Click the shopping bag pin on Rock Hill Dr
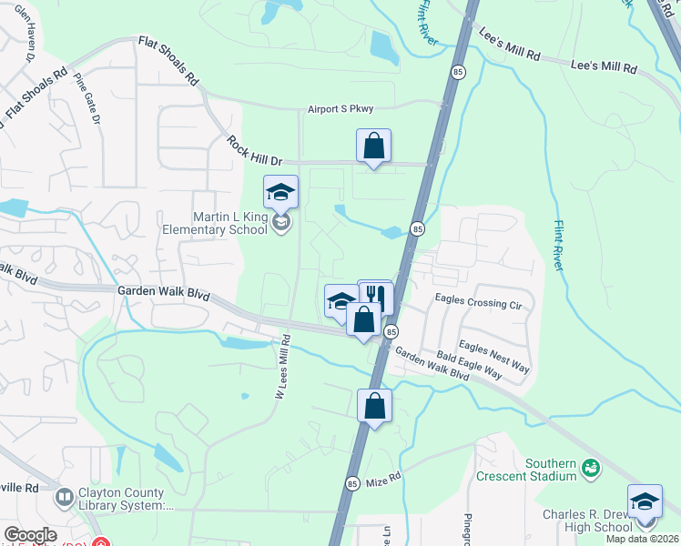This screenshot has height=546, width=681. pyautogui.click(x=373, y=146)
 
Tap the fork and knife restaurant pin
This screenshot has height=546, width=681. pyautogui.click(x=376, y=295)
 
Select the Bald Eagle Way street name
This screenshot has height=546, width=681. pyautogui.click(x=470, y=367)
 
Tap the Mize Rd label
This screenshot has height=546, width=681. pyautogui.click(x=385, y=479)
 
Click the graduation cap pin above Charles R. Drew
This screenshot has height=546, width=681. pyautogui.click(x=645, y=502)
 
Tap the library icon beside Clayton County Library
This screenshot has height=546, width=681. pyautogui.click(x=64, y=497)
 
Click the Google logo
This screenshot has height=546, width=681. pyautogui.click(x=30, y=535)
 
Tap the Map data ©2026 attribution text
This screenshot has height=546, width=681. pyautogui.click(x=643, y=539)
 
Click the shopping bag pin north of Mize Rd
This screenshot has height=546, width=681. pyautogui.click(x=375, y=406)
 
